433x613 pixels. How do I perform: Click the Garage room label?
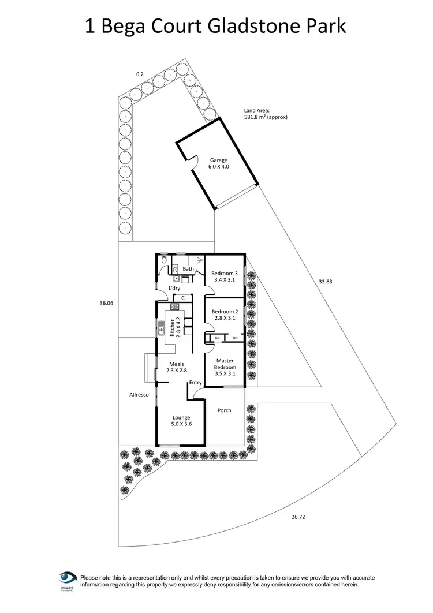(x=219, y=164)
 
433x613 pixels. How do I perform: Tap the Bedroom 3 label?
(x=224, y=276)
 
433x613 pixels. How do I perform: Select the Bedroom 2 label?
(x=224, y=314)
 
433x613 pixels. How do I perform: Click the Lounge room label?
(x=181, y=421)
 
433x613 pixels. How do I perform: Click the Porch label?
(x=224, y=410)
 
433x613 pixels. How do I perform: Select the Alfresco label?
(x=139, y=395)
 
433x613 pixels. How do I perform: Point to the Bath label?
(x=188, y=269)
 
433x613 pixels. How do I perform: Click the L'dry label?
(x=175, y=287)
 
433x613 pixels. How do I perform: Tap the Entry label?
(x=195, y=382)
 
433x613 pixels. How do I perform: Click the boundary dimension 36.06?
(x=107, y=302)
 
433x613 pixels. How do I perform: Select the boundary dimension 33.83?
(x=326, y=282)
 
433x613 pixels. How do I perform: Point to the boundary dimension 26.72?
(x=298, y=517)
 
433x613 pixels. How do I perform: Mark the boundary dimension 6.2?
(x=139, y=74)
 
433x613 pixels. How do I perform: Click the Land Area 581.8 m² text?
(x=266, y=114)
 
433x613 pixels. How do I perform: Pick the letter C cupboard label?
(x=182, y=298)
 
